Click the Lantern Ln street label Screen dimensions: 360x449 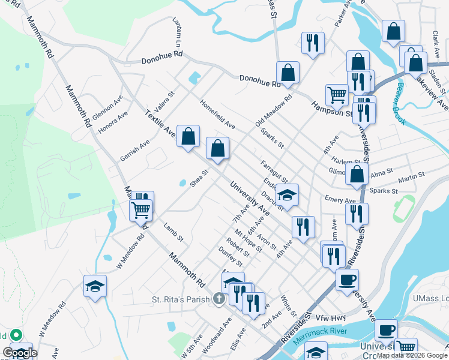(178, 32)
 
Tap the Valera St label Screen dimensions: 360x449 (164, 100)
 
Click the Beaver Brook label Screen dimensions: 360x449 (397, 107)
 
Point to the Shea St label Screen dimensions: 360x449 (199, 179)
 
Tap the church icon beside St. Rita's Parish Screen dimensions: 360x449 (220, 299)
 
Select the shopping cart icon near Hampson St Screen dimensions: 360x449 (337, 95)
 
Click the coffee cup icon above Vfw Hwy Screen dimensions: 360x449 (347, 280)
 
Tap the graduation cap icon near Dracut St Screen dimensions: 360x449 (288, 195)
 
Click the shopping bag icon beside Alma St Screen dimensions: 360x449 (357, 174)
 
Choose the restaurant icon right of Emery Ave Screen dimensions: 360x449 (357, 213)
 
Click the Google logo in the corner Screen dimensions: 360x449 (20, 353)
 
